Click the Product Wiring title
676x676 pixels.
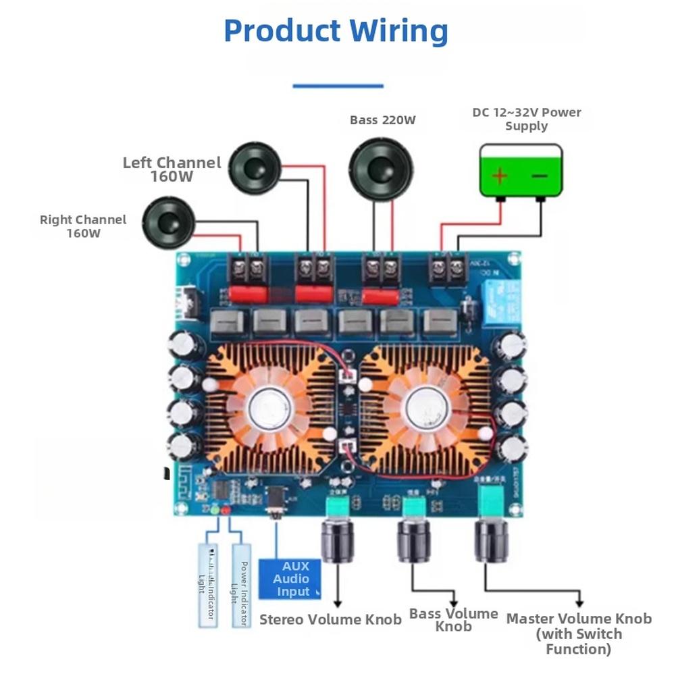(x=336, y=31)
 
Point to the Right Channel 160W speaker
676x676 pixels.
(x=169, y=222)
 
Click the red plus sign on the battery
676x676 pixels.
(x=499, y=176)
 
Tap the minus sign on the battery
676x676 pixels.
(x=540, y=176)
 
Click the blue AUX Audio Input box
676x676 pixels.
(x=290, y=579)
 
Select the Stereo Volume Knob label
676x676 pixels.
(x=330, y=619)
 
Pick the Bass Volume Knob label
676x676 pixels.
(x=453, y=620)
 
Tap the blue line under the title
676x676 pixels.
(x=338, y=86)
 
